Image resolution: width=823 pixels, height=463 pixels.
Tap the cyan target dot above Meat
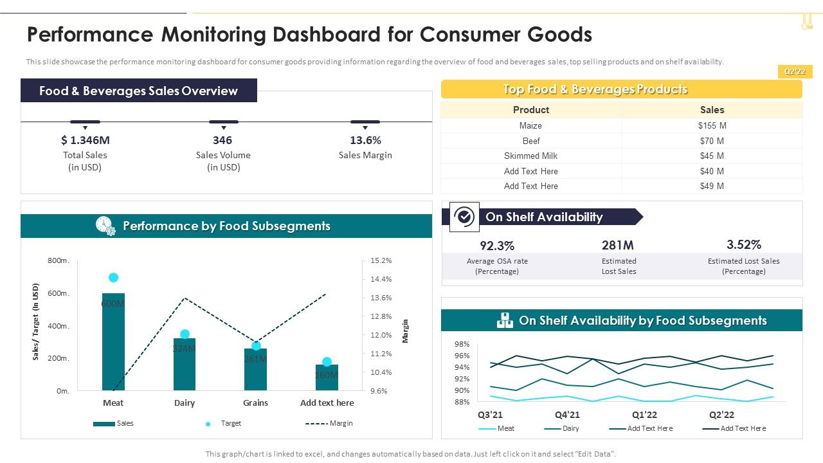click(x=113, y=278)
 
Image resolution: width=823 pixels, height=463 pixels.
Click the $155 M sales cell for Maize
click(x=712, y=126)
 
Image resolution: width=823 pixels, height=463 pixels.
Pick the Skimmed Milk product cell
click(x=530, y=156)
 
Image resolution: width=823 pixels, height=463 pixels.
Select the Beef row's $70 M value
click(x=712, y=141)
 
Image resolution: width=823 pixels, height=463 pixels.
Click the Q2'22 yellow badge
click(x=795, y=72)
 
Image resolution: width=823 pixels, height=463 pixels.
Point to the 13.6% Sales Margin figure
click(x=365, y=140)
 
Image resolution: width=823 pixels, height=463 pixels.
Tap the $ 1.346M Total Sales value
click(x=85, y=140)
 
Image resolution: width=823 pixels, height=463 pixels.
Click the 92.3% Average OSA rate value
click(x=497, y=246)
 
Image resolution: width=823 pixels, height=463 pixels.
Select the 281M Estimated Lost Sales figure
click(x=618, y=245)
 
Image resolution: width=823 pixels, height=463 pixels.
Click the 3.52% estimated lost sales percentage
click(x=743, y=244)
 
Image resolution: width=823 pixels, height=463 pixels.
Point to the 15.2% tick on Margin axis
click(x=381, y=260)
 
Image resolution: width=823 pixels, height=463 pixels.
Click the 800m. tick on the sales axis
click(x=59, y=260)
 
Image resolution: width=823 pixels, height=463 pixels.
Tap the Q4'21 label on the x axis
click(x=567, y=415)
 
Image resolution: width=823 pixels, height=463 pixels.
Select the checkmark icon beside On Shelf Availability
click(x=464, y=217)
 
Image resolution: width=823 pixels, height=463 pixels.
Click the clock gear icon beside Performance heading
click(x=105, y=226)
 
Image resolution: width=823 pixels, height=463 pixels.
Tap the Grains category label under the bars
click(x=255, y=403)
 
